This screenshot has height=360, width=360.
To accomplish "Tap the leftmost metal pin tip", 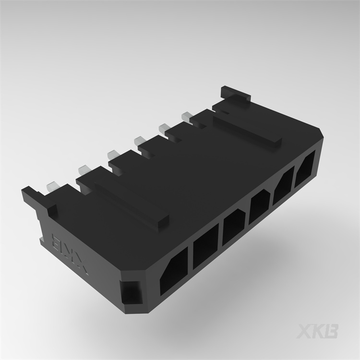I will click(52, 185).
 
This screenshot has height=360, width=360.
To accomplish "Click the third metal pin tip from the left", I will click(113, 154).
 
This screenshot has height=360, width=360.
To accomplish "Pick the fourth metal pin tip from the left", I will click(139, 140).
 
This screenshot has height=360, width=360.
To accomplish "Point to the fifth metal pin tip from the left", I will click(163, 128).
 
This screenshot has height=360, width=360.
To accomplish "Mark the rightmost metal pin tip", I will click(186, 116).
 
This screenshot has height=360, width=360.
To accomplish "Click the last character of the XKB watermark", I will click(331, 331).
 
